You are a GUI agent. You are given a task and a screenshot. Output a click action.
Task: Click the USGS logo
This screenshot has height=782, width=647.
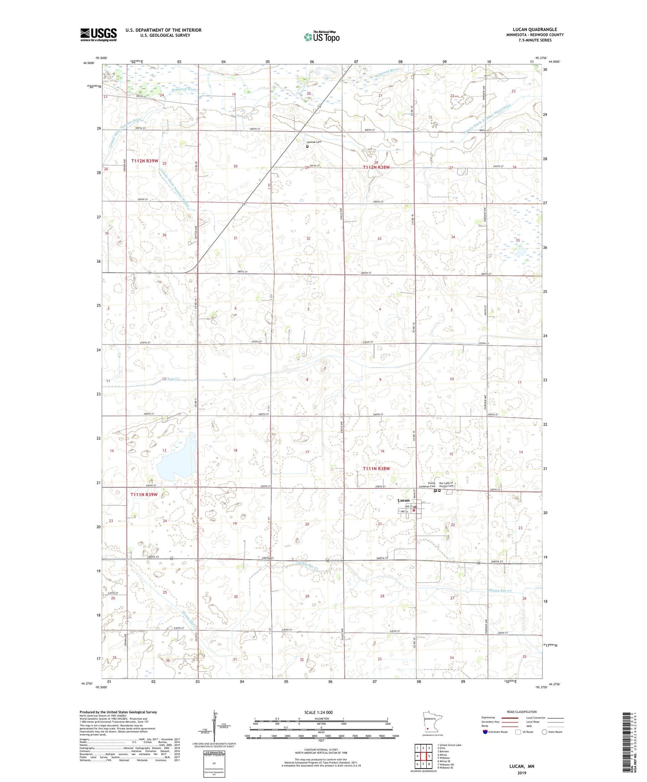tap(99, 34)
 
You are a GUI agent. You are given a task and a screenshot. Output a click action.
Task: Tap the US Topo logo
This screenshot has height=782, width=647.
tap(321, 37)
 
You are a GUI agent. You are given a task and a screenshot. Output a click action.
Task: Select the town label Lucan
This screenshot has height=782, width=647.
tap(403, 500)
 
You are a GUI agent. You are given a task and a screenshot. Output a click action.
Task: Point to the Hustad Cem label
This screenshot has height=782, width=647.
tap(314, 142)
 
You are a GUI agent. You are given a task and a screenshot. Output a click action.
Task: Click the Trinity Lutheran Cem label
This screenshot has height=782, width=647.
tap(431, 485)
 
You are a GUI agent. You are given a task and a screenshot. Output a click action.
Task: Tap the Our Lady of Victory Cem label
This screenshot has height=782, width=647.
tap(446, 485)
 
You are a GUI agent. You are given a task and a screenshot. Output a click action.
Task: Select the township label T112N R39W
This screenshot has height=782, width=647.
tap(145, 160)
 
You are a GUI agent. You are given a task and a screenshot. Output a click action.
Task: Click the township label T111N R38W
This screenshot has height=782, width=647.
tap(376, 468)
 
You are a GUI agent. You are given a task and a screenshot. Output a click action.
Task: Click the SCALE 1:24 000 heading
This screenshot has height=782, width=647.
tap(318, 713)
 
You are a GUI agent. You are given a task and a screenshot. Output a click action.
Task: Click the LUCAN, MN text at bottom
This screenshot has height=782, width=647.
tap(522, 766)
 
